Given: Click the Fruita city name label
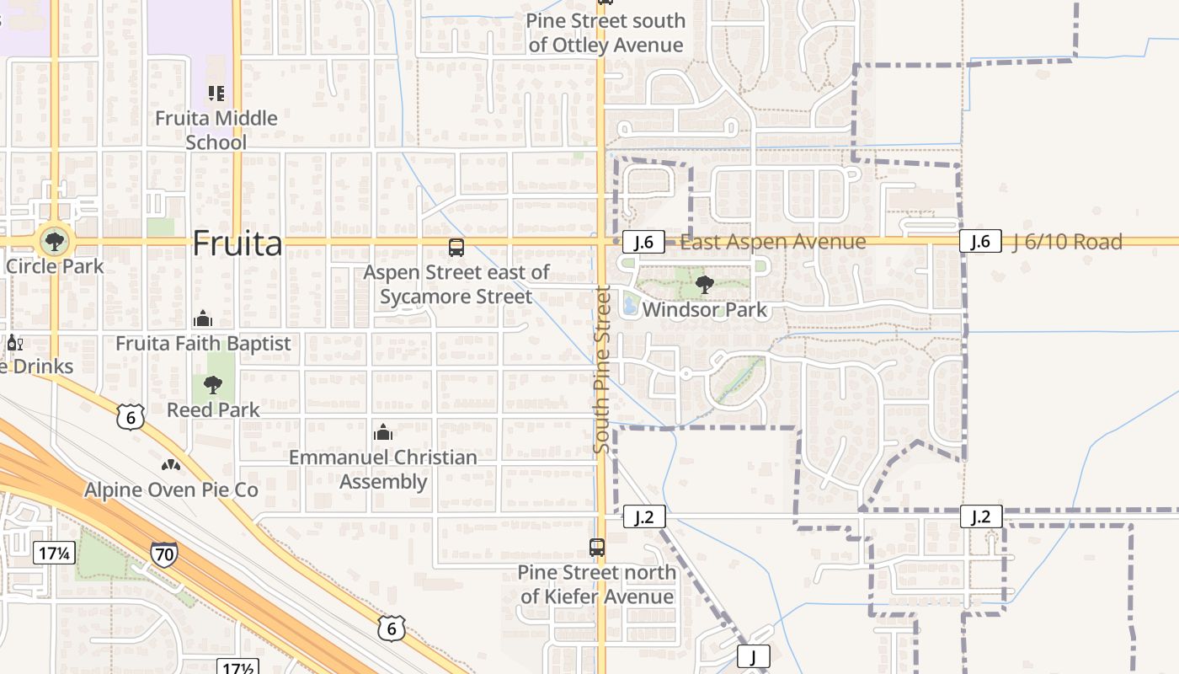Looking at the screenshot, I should pyautogui.click(x=237, y=243).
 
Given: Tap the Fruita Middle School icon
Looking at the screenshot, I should pyautogui.click(x=216, y=93).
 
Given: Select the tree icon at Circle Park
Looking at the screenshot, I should pyautogui.click(x=55, y=242).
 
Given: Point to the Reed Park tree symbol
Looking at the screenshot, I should pyautogui.click(x=213, y=386).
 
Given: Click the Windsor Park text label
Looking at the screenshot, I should pyautogui.click(x=705, y=310).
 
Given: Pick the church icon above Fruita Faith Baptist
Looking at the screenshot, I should pyautogui.click(x=203, y=319).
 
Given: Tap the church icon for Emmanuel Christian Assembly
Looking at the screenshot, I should pyautogui.click(x=383, y=433).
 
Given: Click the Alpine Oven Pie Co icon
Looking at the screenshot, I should pyautogui.click(x=171, y=465).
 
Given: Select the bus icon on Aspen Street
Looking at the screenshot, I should pyautogui.click(x=456, y=248).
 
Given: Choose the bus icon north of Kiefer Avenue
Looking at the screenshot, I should pyautogui.click(x=597, y=548).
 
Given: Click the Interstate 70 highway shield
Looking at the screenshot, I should pyautogui.click(x=164, y=554).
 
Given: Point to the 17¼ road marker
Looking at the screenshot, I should pyautogui.click(x=55, y=553).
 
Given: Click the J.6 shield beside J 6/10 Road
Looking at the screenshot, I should pyautogui.click(x=980, y=242).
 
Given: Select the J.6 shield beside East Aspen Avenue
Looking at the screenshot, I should pyautogui.click(x=643, y=243).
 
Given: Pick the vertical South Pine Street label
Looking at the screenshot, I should pyautogui.click(x=601, y=369).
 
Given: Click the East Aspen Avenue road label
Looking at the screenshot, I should pyautogui.click(x=772, y=243).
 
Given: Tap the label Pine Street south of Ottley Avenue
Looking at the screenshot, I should pyautogui.click(x=606, y=33).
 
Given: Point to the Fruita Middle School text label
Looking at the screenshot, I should pyautogui.click(x=216, y=130).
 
